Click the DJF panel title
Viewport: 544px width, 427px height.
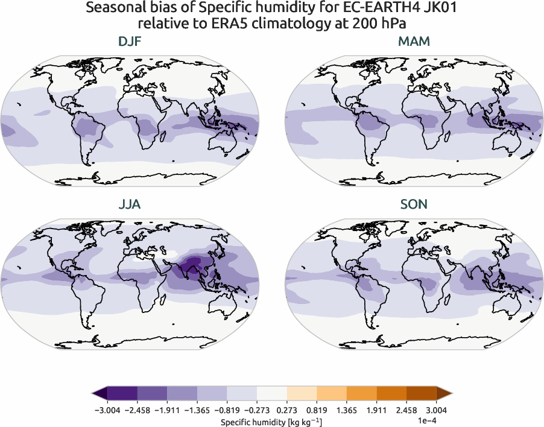(130, 42)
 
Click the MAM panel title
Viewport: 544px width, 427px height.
(413, 42)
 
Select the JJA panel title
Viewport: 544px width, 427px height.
(130, 204)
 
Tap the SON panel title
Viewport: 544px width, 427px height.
(413, 204)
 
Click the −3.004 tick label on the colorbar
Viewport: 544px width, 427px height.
(108, 410)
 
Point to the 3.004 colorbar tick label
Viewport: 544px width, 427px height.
(436, 410)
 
